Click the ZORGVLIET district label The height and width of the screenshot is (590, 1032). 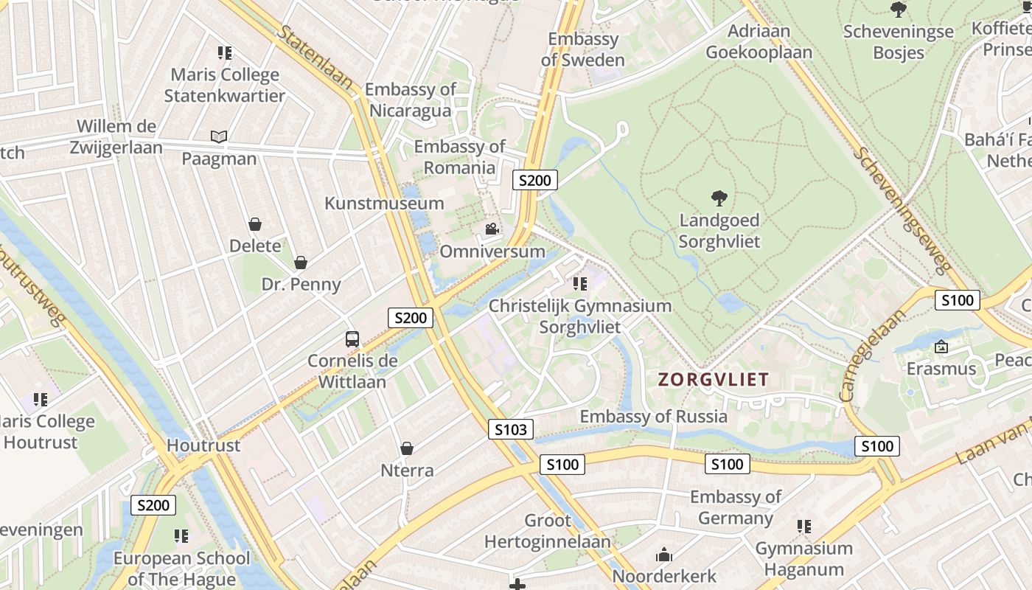713,380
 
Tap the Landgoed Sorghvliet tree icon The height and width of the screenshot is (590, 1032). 719,198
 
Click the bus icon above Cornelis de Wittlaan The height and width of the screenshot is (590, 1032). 352,339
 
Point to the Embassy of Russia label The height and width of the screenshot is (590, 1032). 653,416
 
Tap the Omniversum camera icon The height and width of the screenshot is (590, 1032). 492,229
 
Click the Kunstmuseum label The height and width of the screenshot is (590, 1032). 384,203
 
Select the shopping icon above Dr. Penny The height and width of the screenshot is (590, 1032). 301,262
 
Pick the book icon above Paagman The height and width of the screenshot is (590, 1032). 219,136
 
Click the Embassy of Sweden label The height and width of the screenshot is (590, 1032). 582,49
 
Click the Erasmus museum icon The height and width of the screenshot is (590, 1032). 941,346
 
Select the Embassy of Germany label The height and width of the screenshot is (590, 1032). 735,507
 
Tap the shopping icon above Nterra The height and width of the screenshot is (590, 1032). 406,448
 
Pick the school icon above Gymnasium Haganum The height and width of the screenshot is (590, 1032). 803,527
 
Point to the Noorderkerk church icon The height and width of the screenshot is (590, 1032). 664,555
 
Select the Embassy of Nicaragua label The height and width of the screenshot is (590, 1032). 411,100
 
